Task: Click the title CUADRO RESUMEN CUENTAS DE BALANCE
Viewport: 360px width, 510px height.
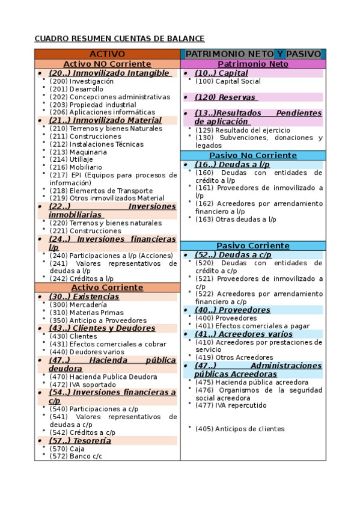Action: click(120, 39)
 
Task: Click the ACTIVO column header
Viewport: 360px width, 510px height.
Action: click(107, 54)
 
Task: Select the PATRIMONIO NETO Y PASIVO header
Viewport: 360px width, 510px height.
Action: click(253, 54)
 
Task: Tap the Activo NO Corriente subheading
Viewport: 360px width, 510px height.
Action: click(107, 64)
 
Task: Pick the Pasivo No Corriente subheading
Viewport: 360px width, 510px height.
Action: click(252, 155)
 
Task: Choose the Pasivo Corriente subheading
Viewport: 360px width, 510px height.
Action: click(252, 245)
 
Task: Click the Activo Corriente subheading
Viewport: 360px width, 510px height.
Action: click(107, 287)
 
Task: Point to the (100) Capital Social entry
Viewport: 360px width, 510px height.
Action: click(228, 81)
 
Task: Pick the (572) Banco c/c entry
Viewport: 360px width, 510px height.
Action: click(76, 456)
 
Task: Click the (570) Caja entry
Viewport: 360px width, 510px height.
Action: click(67, 449)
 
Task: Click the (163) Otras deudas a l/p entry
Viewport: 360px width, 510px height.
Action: click(236, 220)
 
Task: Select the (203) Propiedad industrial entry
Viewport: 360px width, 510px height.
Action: click(93, 105)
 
